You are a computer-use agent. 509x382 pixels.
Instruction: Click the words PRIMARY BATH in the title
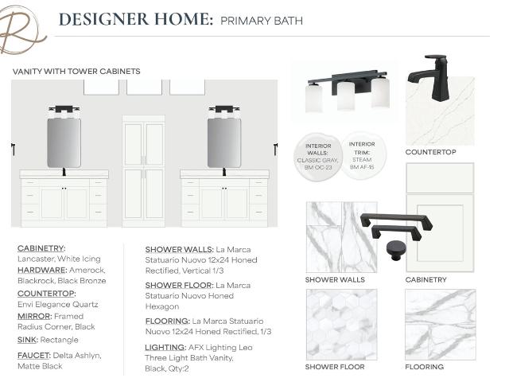[x=262, y=21]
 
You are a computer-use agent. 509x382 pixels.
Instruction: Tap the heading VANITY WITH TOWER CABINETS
[x=76, y=72]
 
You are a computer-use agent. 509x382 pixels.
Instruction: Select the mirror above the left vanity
[x=64, y=143]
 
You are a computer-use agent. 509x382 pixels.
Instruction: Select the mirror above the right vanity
[x=224, y=143]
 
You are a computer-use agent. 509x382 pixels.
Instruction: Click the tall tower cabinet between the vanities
[x=143, y=171]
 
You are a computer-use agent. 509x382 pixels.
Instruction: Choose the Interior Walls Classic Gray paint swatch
[x=318, y=157]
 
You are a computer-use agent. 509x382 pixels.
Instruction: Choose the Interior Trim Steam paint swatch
[x=363, y=156]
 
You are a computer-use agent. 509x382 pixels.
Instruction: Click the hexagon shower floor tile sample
[x=341, y=325]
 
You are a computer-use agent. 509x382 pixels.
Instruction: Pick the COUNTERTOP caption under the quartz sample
[x=430, y=152]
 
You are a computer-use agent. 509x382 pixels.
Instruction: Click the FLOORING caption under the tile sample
[x=424, y=367]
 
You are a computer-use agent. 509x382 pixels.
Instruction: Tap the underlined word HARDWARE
[x=42, y=271]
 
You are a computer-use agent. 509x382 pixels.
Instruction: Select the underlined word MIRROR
[x=34, y=317]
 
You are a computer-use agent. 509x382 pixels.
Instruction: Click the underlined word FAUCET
[x=33, y=356]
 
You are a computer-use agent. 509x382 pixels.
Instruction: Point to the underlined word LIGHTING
[x=165, y=348]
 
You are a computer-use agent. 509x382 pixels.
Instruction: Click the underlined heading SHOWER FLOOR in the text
[x=179, y=286]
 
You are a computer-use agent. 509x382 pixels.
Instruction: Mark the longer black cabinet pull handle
[x=396, y=220]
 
